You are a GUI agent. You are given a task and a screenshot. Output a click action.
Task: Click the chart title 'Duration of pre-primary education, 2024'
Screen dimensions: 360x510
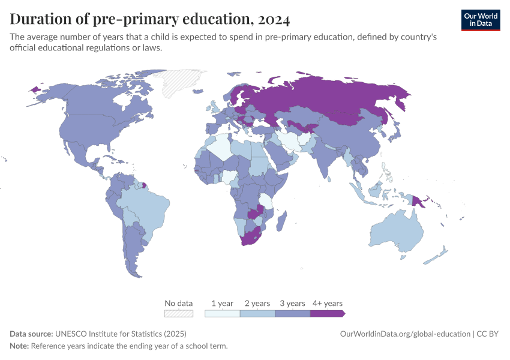[x=150, y=19]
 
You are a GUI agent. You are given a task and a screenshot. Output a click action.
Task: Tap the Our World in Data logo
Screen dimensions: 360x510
[x=480, y=19]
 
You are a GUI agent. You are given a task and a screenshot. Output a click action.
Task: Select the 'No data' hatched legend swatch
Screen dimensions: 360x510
[x=179, y=313]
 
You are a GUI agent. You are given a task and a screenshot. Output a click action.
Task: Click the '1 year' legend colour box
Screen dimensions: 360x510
[x=222, y=313]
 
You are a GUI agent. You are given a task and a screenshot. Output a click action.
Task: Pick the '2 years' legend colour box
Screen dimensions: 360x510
[x=257, y=313]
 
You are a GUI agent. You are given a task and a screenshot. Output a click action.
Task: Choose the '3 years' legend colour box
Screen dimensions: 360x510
[x=292, y=313]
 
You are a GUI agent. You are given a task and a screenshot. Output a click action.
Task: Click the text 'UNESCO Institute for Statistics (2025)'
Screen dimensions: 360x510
[x=121, y=334]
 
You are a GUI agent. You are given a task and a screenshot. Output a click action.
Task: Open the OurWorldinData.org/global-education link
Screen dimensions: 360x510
[x=404, y=334]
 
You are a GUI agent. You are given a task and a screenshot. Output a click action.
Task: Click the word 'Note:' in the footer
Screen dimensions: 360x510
[x=19, y=346]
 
